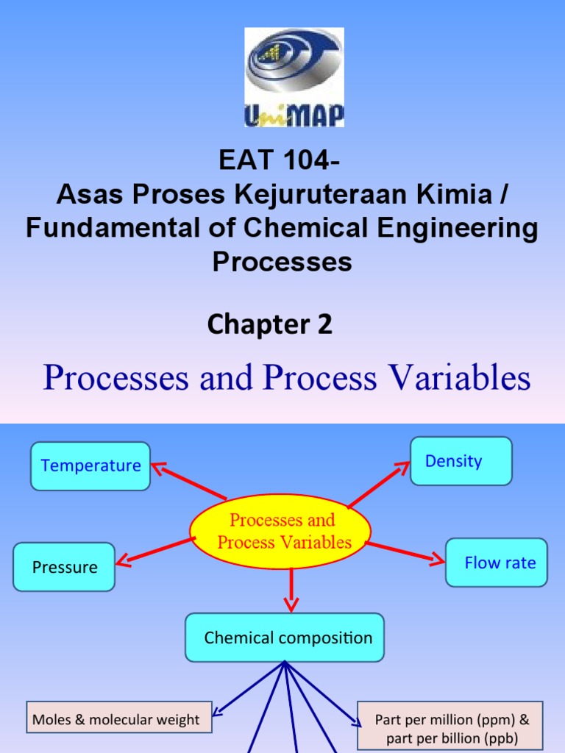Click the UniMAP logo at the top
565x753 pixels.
point(294,77)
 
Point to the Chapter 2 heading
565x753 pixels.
point(270,324)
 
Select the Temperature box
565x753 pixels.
point(90,466)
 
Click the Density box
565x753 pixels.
point(461,461)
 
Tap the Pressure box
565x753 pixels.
point(64,567)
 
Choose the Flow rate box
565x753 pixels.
point(497,563)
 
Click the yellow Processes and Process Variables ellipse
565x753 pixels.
point(280,532)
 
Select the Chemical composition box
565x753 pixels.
point(285,638)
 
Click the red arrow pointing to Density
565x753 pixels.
point(378,485)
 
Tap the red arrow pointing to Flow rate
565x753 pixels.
point(405,552)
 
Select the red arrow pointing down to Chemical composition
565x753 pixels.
point(292,588)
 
